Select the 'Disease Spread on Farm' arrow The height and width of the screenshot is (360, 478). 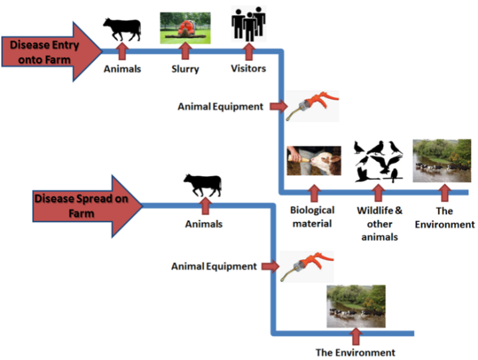pos(87,207)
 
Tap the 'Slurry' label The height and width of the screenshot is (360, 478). pos(185,69)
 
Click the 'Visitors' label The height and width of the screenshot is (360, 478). pos(248,68)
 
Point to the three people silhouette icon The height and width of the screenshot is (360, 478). pos(248,24)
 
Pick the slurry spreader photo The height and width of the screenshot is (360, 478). pos(185,28)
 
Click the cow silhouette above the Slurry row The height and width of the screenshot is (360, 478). pos(122,29)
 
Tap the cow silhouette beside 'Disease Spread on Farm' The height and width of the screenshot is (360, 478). pos(202,185)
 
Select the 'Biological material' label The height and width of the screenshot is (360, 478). pos(312,217)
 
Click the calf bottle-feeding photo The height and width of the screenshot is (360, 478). pos(314,161)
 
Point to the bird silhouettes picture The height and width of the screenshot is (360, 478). pos(378,161)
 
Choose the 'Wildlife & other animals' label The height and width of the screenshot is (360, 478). pos(380,224)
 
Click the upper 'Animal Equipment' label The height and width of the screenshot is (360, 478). pos(220,106)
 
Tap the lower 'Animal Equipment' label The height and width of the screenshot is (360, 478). pos(214,266)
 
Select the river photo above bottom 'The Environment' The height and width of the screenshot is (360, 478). pos(356,306)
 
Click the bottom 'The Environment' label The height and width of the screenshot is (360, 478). pos(355,353)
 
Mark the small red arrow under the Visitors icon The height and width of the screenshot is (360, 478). pos(249,51)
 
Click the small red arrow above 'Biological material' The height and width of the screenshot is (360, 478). pos(313,193)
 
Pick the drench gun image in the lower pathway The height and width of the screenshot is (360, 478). pos(307,266)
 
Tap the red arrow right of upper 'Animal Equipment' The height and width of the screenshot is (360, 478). pos(279,106)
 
